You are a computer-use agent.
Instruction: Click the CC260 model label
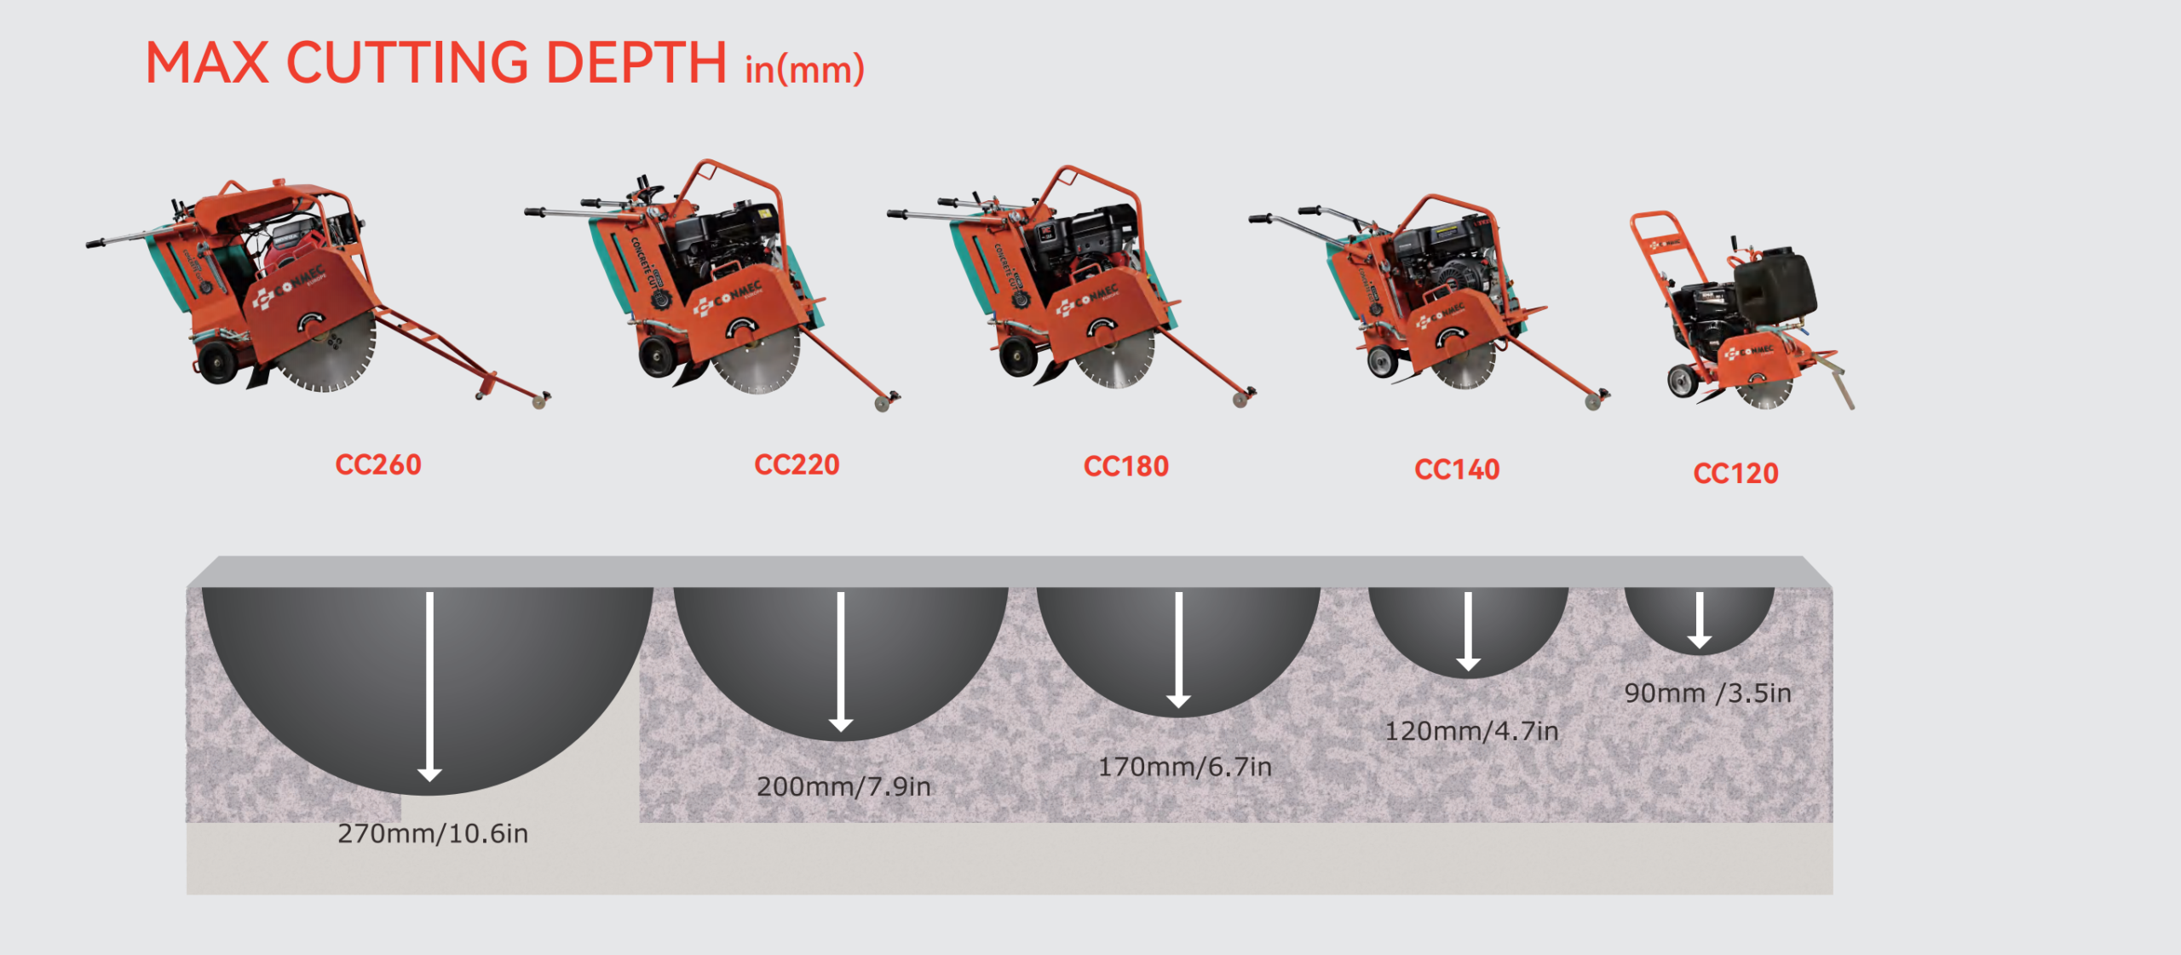[378, 465]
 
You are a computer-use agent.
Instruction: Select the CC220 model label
[797, 465]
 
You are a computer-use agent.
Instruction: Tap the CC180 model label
[1125, 467]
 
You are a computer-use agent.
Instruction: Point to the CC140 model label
[1457, 470]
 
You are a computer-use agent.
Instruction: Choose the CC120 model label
[1735, 474]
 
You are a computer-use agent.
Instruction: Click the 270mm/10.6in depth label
[433, 833]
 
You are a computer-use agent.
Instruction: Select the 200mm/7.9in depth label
[843, 786]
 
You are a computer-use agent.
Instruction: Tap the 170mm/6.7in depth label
[1184, 767]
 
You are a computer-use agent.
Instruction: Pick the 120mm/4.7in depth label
[1471, 731]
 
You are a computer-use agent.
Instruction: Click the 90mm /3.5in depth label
[1707, 693]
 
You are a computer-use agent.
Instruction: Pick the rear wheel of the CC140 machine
[1382, 363]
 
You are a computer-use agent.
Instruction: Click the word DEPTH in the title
[636, 63]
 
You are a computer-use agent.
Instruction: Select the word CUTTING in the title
[407, 63]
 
